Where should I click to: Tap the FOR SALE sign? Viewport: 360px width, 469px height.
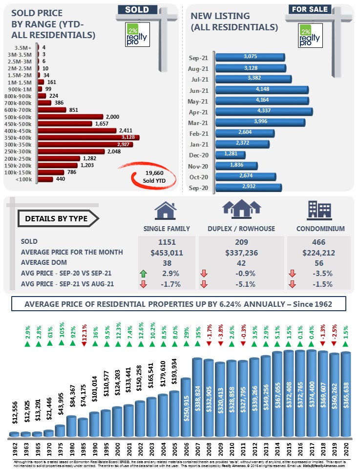coord(309,9)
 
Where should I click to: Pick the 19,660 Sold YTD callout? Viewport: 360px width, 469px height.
coord(154,176)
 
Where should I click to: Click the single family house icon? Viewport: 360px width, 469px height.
coord(166,211)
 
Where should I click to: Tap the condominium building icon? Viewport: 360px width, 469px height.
coord(318,210)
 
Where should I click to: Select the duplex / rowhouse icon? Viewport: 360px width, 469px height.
coord(241,209)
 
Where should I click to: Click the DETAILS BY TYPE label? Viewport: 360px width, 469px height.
coord(56,218)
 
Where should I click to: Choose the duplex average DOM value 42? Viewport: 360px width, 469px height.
coord(242,263)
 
